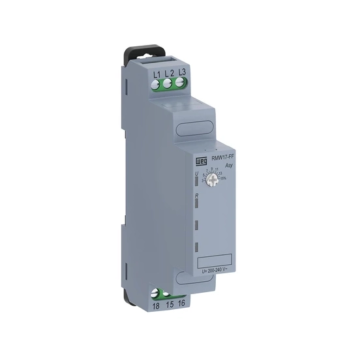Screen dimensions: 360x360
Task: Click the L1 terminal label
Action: (157, 73)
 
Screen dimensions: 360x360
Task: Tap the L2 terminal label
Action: (169, 73)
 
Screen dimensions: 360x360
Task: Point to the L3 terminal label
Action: (182, 72)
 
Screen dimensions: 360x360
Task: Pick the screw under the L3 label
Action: (181, 82)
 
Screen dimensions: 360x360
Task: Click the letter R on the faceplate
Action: (196, 194)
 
